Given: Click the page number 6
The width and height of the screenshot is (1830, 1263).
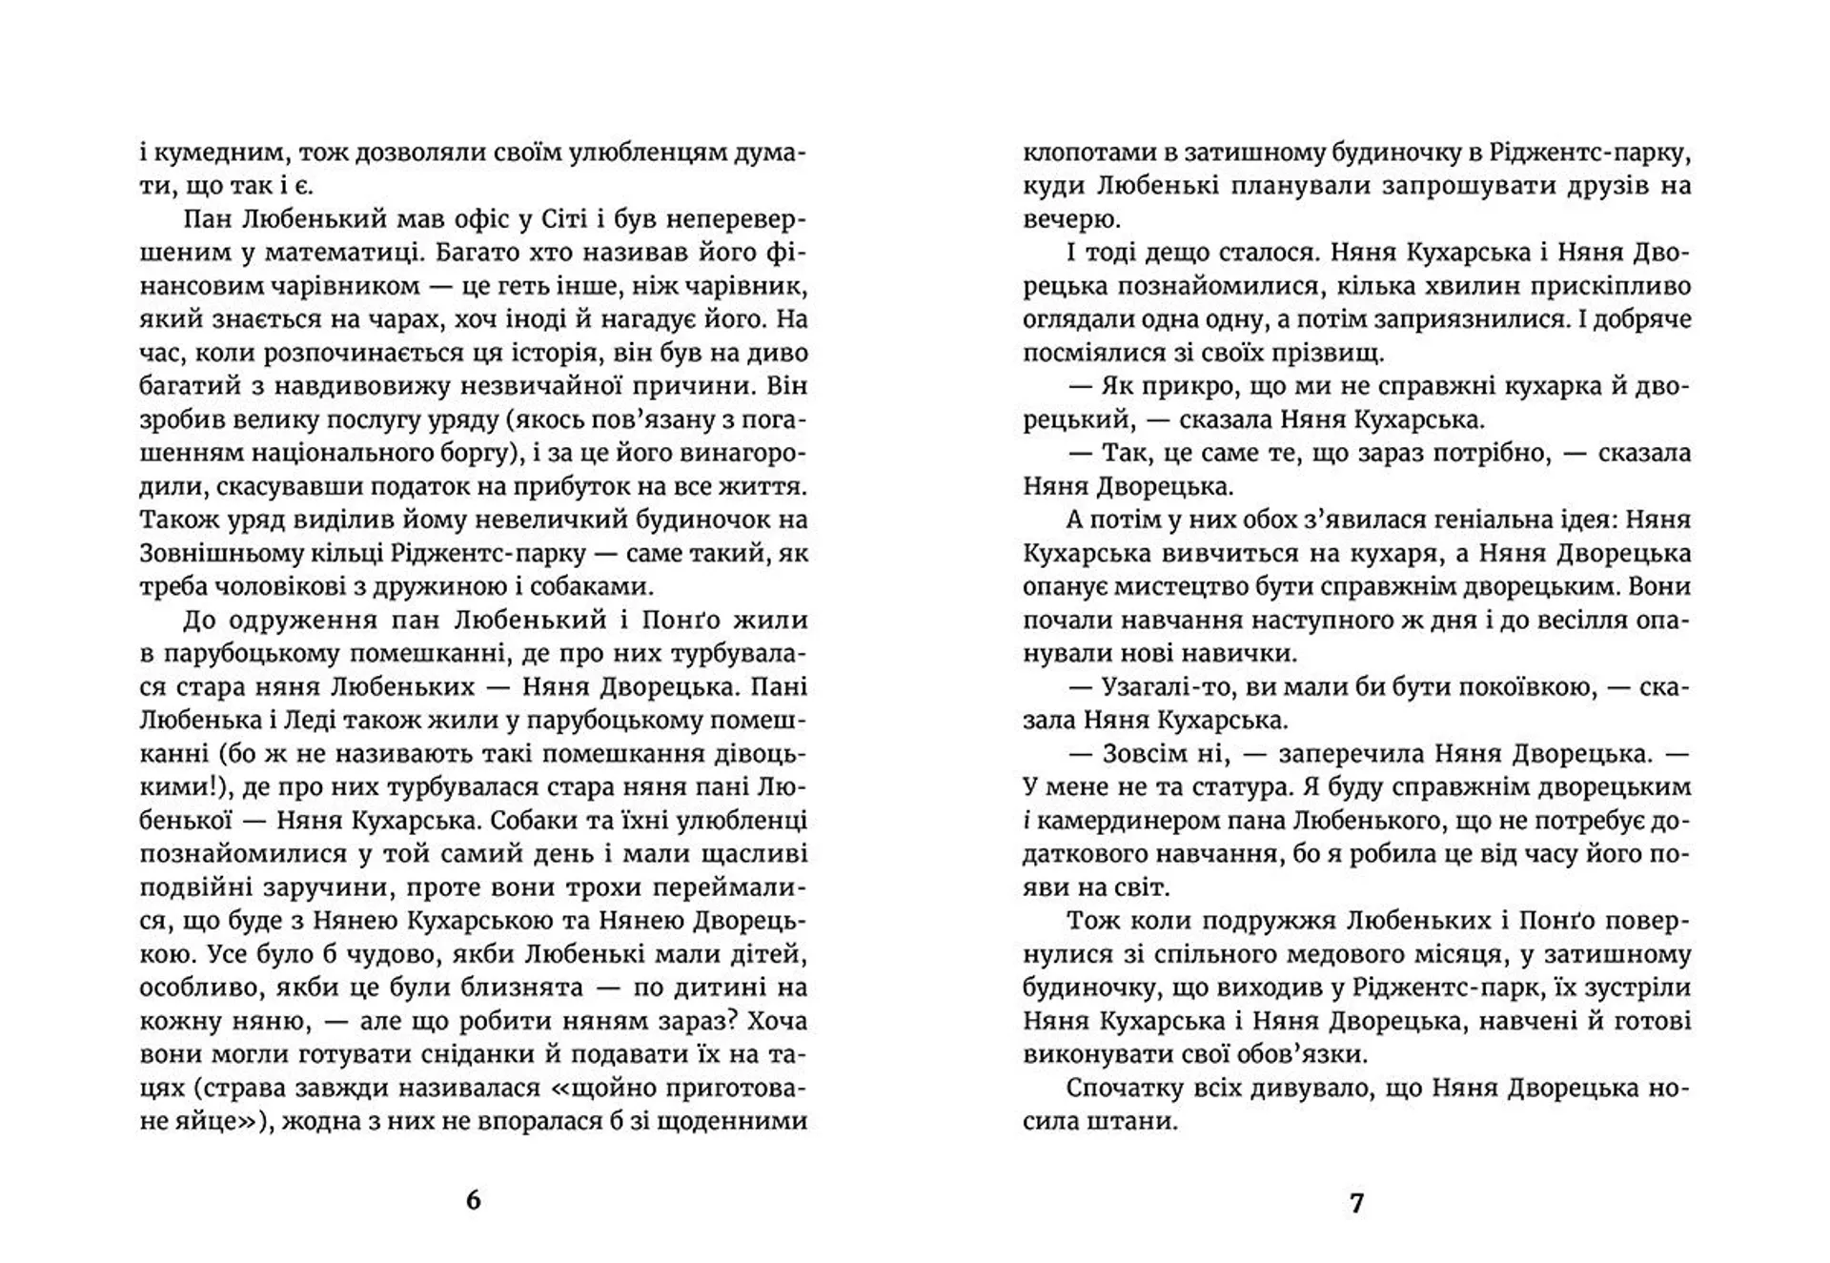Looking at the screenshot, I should coord(474,1200).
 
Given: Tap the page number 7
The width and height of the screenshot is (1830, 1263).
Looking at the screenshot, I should coord(1356,1203).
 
